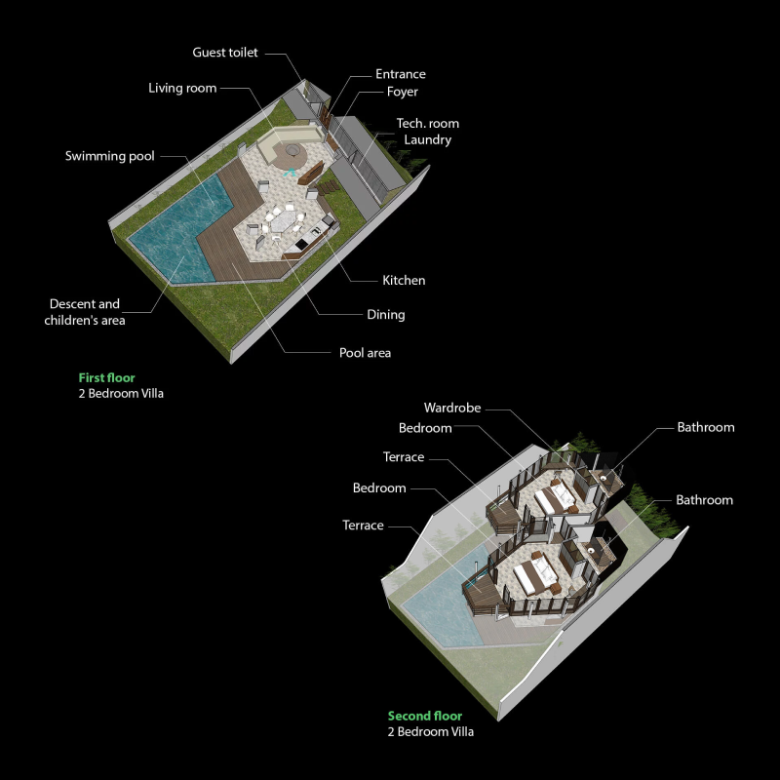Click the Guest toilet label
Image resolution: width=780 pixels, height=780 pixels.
coord(225,53)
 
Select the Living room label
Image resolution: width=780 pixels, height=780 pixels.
coord(182,88)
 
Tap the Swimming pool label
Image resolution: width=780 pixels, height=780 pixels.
coord(109,156)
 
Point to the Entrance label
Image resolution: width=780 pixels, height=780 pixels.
coord(401,74)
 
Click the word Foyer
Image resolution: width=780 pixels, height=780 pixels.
coord(403,92)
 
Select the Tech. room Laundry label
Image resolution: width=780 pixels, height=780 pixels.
coord(428,132)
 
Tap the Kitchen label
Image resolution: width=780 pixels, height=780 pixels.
coord(404,280)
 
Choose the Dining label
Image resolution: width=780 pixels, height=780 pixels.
coord(385,314)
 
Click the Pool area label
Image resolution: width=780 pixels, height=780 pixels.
coord(365,353)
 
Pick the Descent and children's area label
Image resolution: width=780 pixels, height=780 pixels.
coord(85,312)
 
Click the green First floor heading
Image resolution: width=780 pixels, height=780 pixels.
coord(106,377)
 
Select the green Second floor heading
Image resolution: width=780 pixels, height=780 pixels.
coord(425,716)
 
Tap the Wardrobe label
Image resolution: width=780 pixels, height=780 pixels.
coord(452,408)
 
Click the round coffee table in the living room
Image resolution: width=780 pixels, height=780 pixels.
coord(291,150)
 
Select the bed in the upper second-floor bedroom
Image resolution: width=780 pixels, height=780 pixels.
coord(555,496)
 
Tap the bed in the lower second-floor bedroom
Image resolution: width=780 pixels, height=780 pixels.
coord(534,574)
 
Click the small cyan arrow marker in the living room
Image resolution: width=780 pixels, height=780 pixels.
coord(290,173)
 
